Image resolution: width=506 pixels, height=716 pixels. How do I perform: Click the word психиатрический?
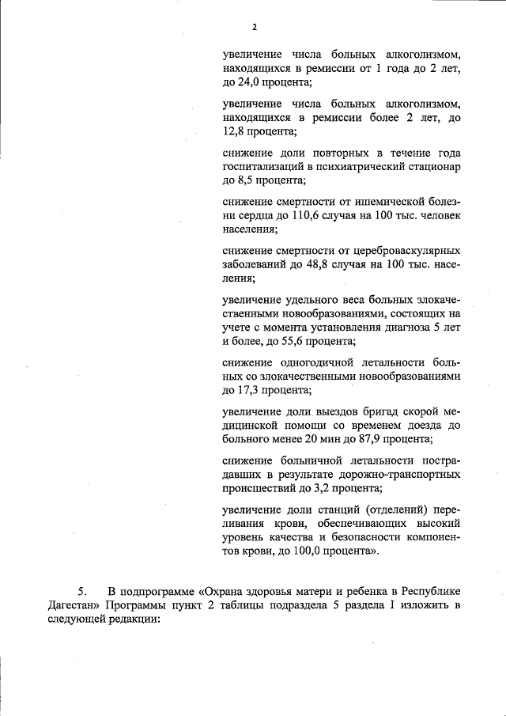[x=362, y=167]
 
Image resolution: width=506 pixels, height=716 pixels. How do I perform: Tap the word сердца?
[x=255, y=215]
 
